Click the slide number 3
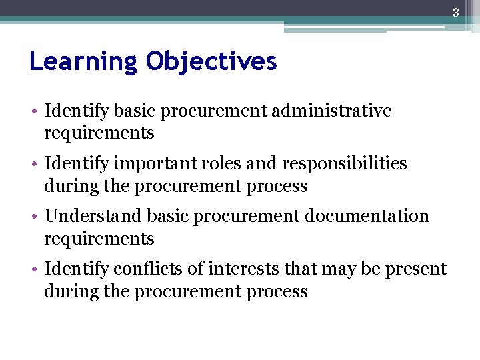(x=456, y=12)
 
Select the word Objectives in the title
(x=211, y=62)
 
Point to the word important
(x=149, y=164)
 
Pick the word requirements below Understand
(x=99, y=239)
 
